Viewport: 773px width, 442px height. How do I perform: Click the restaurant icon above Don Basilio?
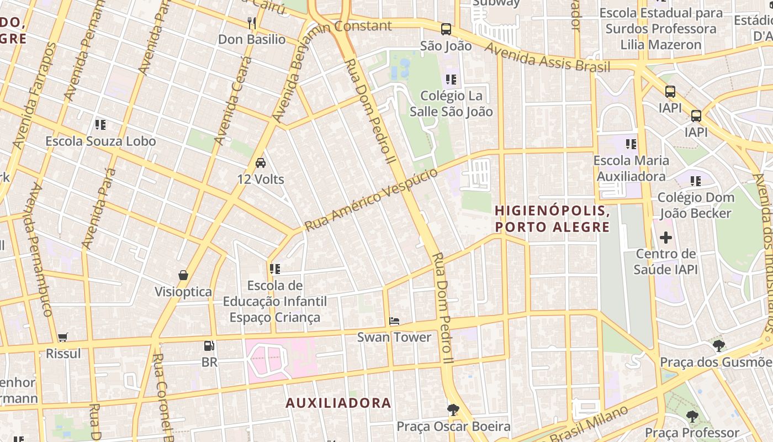(x=252, y=23)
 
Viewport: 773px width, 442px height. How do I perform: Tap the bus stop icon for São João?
(x=446, y=29)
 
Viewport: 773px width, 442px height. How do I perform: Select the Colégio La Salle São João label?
(x=451, y=103)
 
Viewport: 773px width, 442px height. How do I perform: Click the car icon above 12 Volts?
(x=261, y=162)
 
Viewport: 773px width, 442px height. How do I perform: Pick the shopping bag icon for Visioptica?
(x=183, y=275)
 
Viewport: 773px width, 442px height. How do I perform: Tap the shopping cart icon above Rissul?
(x=63, y=337)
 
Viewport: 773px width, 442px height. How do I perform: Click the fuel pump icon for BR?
(x=209, y=346)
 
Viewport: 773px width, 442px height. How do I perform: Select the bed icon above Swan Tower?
(x=394, y=320)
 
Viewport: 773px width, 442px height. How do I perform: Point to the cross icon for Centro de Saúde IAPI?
(x=666, y=238)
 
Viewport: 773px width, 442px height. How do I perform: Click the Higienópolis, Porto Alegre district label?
(x=552, y=219)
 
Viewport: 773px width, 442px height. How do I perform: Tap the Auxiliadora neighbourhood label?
(x=338, y=403)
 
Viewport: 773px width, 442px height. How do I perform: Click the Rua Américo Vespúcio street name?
(x=371, y=200)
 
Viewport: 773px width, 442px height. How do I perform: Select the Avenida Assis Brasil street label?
(x=547, y=57)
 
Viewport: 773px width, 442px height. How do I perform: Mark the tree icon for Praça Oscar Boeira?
(x=453, y=409)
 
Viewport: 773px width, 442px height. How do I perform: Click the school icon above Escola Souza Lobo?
(x=100, y=124)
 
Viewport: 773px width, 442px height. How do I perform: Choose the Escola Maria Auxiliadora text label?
(x=631, y=169)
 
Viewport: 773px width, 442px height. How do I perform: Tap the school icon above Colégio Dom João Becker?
(x=696, y=181)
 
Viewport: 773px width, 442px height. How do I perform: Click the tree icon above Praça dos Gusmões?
(x=718, y=346)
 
